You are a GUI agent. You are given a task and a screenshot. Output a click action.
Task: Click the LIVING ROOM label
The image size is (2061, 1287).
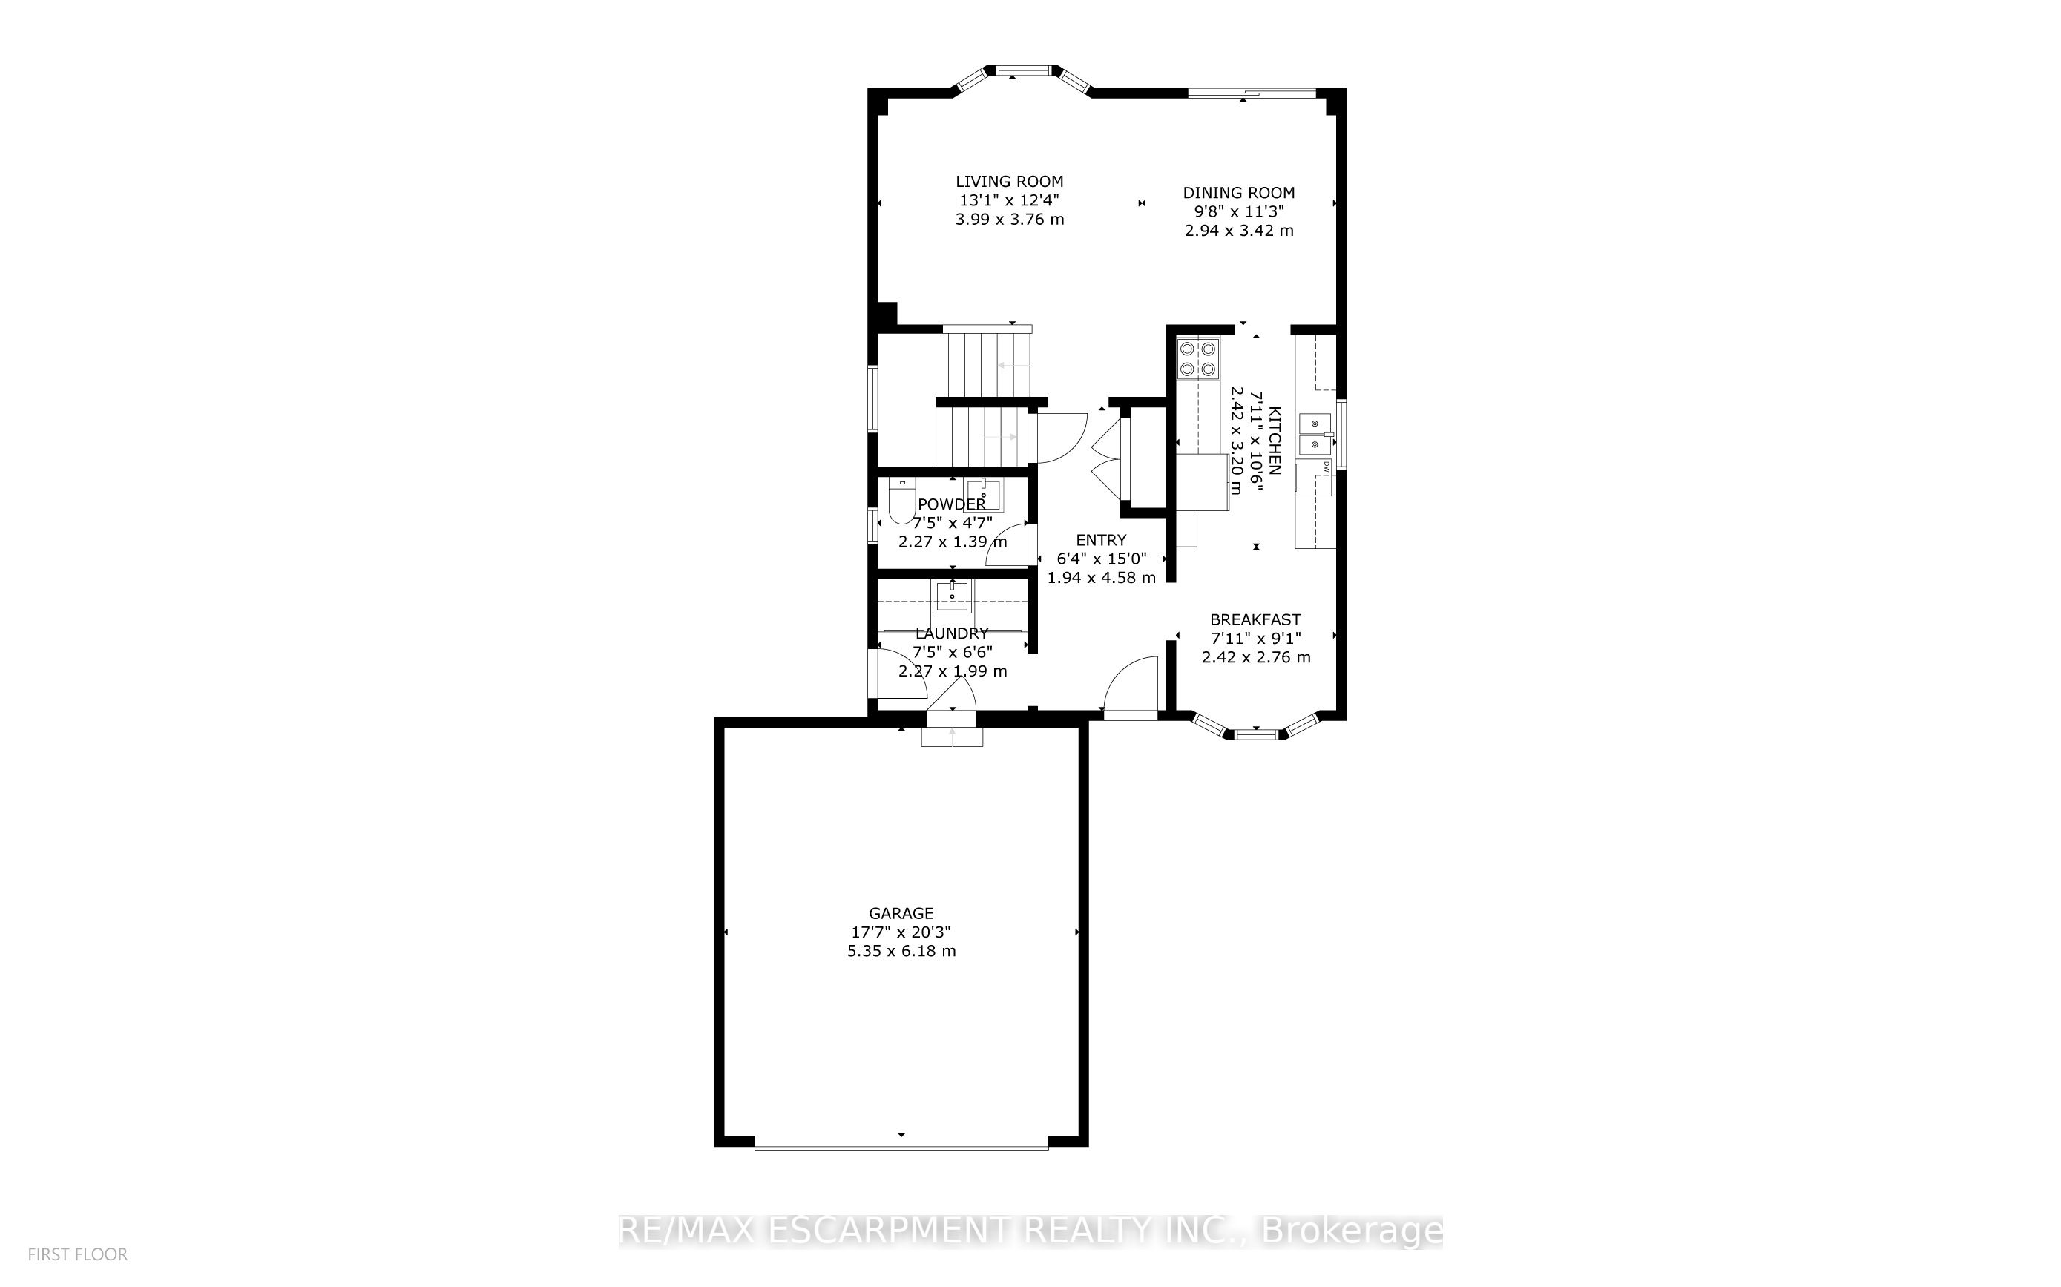1009,181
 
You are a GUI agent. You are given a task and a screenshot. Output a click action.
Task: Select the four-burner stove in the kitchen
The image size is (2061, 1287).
1197,358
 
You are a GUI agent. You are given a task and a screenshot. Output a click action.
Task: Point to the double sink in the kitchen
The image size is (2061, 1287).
1315,434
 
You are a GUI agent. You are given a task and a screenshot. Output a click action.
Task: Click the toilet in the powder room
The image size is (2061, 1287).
899,503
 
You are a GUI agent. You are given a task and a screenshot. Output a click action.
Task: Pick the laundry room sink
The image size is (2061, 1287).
951,596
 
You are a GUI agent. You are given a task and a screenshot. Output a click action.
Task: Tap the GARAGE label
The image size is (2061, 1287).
901,913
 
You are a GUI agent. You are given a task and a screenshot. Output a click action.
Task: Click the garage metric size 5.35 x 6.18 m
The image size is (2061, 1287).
901,951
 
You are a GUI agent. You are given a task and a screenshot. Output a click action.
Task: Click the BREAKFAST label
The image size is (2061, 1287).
1255,619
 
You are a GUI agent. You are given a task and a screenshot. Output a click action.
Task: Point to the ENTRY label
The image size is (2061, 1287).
1101,540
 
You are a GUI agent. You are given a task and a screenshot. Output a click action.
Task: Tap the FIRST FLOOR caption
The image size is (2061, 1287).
77,1254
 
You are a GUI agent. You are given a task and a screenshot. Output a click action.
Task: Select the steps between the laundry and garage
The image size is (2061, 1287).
952,735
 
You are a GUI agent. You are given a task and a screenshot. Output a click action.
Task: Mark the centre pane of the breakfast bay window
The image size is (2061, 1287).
1256,734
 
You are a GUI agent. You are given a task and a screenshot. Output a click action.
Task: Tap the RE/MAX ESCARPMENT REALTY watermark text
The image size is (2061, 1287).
1030,1231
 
